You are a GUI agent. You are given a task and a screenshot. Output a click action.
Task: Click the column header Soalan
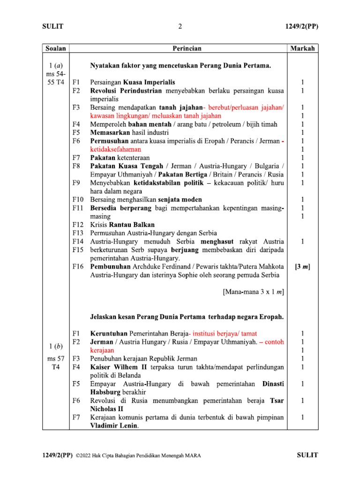(56, 48)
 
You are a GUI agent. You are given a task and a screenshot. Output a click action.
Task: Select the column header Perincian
(186, 48)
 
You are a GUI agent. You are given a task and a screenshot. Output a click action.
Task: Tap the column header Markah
(302, 48)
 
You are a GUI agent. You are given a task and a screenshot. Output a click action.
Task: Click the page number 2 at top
(180, 27)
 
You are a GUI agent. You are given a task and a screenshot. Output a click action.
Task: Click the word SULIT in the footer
(307, 455)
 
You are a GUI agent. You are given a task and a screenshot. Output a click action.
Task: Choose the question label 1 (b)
(56, 346)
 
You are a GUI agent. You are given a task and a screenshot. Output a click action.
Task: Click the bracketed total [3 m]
(302, 267)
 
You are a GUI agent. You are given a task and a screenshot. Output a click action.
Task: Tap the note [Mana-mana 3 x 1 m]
(253, 292)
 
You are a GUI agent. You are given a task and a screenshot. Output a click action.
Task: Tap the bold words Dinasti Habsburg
(187, 388)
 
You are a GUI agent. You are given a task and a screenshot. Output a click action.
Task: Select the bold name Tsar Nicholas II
(187, 405)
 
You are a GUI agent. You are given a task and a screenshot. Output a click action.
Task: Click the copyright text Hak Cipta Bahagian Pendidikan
(141, 456)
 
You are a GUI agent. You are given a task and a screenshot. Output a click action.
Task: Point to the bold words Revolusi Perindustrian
(126, 90)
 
